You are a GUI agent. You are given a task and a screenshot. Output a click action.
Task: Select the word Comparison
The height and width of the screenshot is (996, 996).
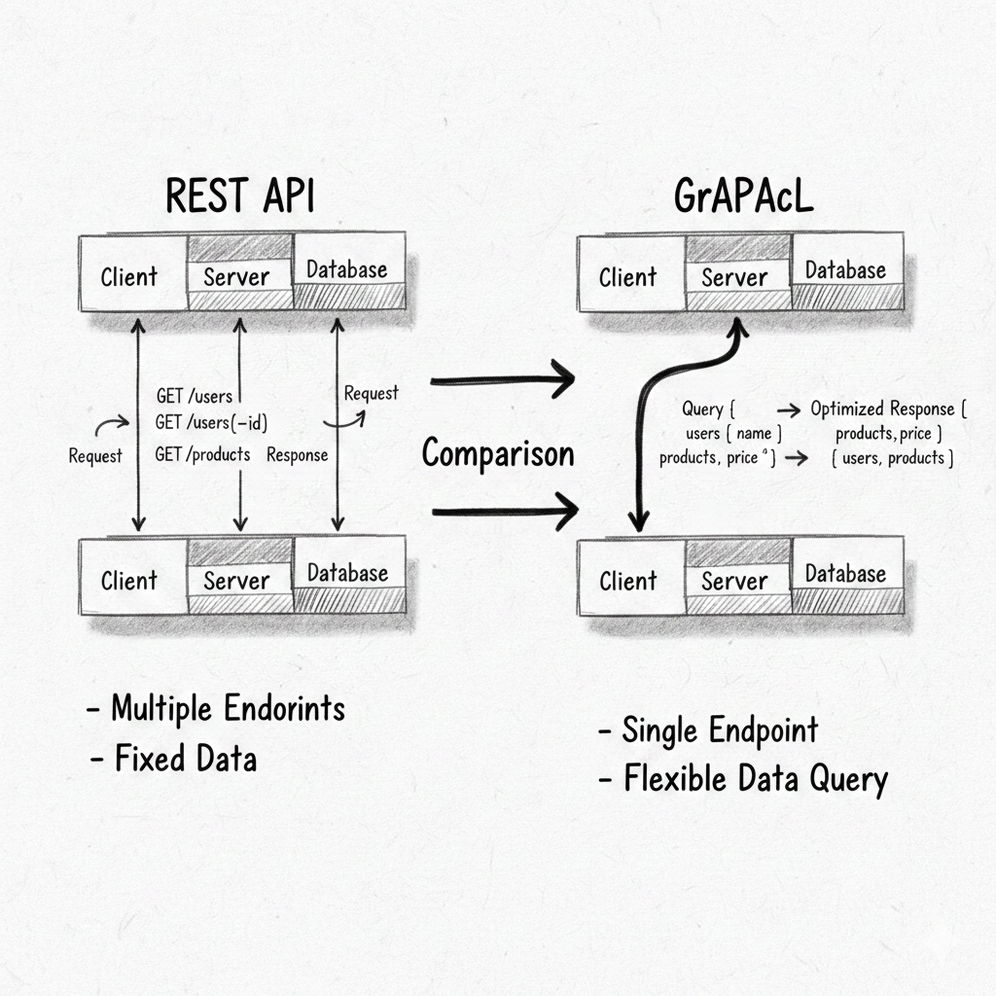(x=498, y=453)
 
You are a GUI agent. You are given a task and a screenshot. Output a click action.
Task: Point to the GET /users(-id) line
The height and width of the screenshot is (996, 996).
(x=211, y=423)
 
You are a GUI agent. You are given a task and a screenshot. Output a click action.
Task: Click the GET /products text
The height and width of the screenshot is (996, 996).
(x=202, y=454)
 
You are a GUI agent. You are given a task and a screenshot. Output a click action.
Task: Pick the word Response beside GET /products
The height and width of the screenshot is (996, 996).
(x=297, y=454)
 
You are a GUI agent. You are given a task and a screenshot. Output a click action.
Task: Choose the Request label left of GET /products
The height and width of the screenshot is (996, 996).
(x=95, y=455)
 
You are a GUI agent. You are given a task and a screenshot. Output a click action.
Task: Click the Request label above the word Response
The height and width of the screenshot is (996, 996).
(x=371, y=393)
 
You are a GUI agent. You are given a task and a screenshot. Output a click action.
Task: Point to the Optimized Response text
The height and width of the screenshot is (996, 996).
(x=881, y=409)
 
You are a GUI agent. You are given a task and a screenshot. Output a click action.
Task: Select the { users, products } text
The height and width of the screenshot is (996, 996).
(x=892, y=457)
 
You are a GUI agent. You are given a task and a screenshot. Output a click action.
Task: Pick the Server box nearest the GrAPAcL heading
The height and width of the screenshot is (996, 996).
(x=734, y=277)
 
